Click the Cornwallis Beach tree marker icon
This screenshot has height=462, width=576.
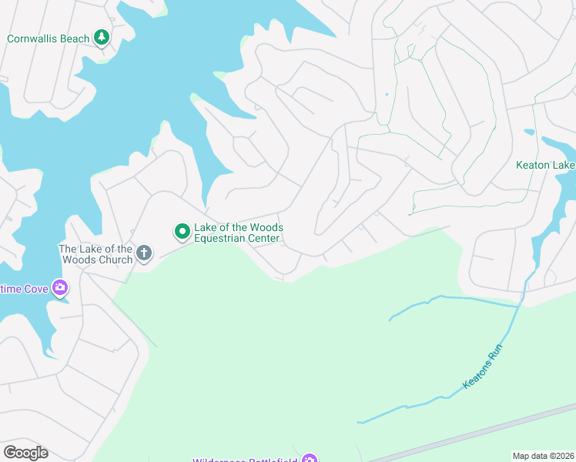click(101, 37)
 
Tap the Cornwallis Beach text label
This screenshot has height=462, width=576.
click(48, 38)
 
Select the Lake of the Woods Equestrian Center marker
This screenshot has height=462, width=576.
click(183, 230)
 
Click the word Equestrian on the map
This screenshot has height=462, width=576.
click(223, 239)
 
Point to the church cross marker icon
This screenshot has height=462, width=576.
click(143, 253)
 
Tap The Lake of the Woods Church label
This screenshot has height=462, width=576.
click(95, 254)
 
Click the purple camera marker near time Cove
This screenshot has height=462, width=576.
click(60, 289)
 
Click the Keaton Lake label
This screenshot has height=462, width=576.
click(545, 165)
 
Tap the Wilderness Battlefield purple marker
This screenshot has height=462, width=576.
click(309, 460)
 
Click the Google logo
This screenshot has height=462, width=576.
click(25, 453)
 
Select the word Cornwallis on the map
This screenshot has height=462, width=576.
click(32, 38)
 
